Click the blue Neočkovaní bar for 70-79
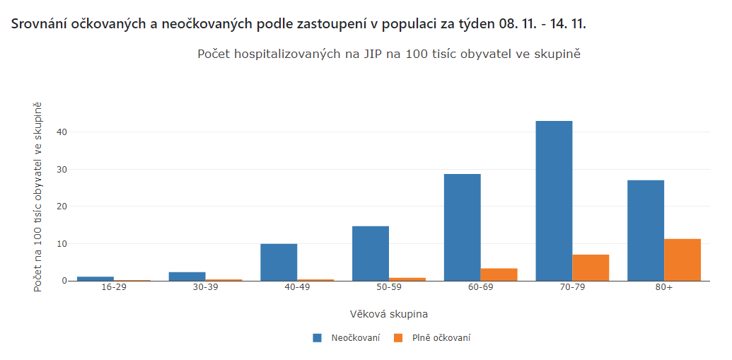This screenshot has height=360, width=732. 554,201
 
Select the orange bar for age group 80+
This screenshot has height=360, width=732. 682,260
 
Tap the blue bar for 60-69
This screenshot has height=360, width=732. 462,227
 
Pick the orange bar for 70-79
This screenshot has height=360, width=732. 591,267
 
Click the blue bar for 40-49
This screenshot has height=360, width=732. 279,262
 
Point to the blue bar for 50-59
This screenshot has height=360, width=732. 371,253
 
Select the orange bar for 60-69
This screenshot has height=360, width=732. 499,274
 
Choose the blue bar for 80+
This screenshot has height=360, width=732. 646,231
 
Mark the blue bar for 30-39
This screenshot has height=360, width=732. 187,277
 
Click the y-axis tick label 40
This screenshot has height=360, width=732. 62,132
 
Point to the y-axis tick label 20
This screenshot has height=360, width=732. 62,207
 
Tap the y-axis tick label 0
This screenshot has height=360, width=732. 64,281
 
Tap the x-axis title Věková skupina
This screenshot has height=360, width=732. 388,313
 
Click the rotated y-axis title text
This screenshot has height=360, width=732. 38,197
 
